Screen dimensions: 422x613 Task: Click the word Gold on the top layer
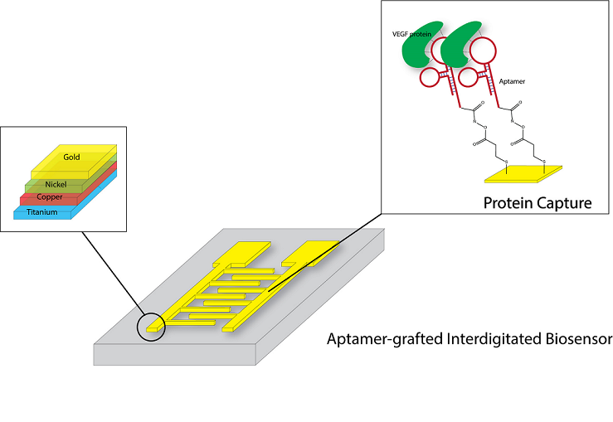(72, 156)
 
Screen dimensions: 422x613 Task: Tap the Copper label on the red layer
(49, 199)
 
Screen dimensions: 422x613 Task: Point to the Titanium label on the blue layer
(41, 212)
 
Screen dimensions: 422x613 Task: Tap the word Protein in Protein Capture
(506, 201)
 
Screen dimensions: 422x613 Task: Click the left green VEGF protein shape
(419, 51)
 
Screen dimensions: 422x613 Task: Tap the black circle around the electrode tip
(150, 326)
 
